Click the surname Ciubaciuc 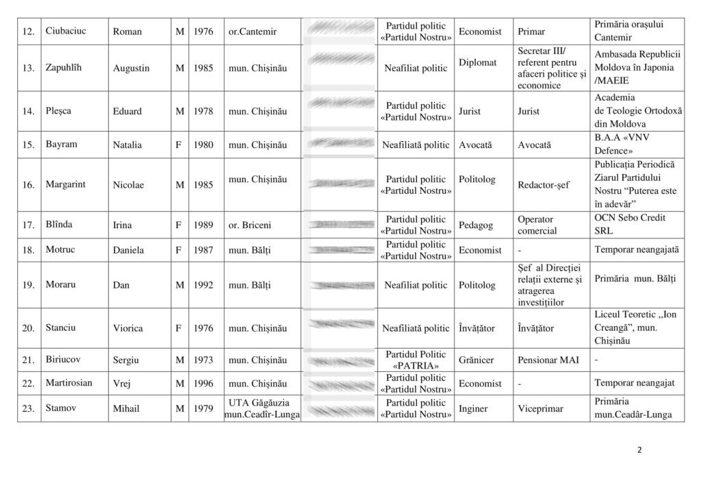[68, 32]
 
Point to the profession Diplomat [478, 62]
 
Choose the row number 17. [28, 225]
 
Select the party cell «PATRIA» [416, 365]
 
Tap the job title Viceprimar [541, 408]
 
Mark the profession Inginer [473, 408]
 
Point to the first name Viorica [128, 328]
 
